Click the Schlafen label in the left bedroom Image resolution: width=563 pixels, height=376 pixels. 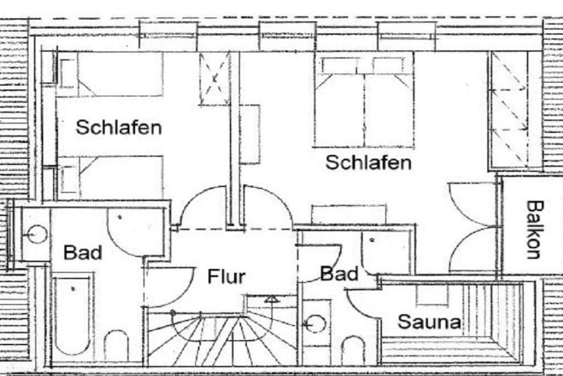tap(119, 127)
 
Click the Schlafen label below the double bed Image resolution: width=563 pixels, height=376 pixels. tap(368, 162)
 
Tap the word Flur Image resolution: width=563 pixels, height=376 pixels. tap(227, 276)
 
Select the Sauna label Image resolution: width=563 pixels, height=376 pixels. tap(429, 321)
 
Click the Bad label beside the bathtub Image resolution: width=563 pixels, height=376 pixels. tap(83, 252)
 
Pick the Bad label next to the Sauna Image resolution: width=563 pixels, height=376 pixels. tap(339, 274)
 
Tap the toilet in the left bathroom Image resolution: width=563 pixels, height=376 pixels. tap(117, 345)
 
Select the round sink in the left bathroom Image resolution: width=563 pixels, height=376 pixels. tap(37, 234)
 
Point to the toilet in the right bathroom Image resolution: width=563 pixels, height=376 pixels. tap(353, 350)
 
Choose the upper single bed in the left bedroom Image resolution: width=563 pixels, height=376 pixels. tap(110, 74)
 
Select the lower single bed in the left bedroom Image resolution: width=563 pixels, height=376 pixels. tap(110, 178)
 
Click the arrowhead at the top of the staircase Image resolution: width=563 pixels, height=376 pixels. tap(272, 298)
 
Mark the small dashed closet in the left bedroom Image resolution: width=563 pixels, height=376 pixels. tap(214, 79)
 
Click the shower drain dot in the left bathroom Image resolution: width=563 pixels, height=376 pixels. tap(120, 217)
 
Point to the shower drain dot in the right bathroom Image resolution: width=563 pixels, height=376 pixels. tap(373, 240)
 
